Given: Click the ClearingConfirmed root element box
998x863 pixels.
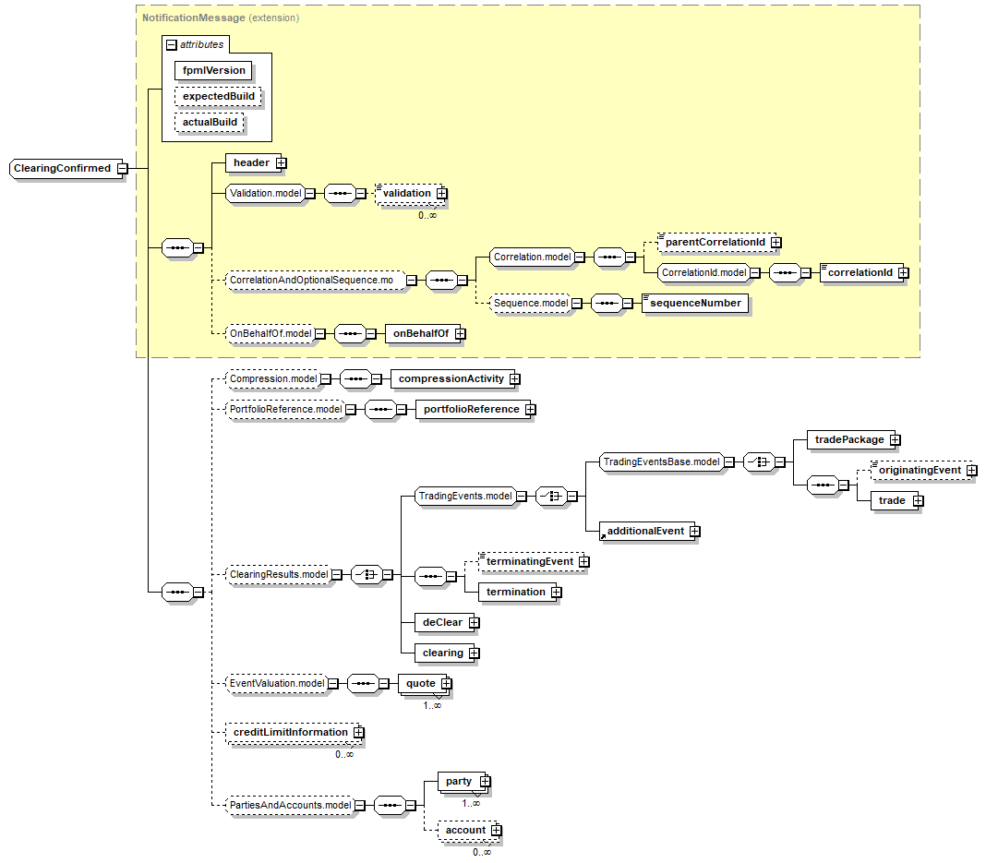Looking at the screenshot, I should tap(62, 169).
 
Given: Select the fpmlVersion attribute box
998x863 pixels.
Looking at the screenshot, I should tap(213, 70).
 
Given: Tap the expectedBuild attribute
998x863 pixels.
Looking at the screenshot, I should tap(218, 96).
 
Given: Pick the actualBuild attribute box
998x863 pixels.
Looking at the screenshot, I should tap(210, 122).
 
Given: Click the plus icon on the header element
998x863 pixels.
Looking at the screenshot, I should tap(281, 163).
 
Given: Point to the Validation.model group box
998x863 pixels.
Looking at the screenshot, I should tap(265, 194).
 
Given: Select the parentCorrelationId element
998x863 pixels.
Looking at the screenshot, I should tap(715, 242).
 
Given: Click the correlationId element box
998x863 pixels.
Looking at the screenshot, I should tap(860, 272).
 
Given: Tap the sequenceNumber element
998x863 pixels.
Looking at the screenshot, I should tap(695, 303).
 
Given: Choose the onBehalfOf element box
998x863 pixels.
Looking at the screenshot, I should tap(420, 334).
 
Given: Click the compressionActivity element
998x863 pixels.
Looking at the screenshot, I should tap(451, 378).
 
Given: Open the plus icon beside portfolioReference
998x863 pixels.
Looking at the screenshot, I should tap(530, 410).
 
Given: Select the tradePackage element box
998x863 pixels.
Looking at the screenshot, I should tap(849, 440).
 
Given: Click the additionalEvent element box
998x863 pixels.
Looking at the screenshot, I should tap(644, 532).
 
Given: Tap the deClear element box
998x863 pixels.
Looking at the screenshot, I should tap(442, 622).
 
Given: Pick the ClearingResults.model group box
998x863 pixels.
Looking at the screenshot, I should tap(278, 575).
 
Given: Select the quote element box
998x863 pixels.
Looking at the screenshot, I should tap(420, 684).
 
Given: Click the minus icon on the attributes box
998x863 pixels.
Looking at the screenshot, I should tap(171, 44).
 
